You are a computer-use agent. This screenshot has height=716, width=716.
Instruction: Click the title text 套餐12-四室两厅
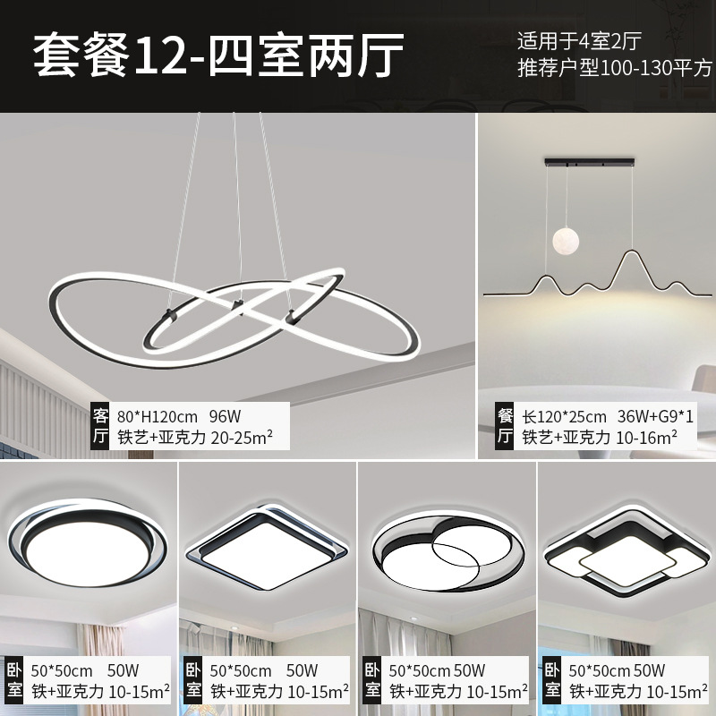[x=218, y=55]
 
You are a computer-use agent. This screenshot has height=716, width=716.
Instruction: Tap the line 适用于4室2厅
[x=592, y=39]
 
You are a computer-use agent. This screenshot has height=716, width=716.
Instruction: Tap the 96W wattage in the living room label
[x=226, y=416]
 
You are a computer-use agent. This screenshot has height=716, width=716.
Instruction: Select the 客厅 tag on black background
[x=101, y=426]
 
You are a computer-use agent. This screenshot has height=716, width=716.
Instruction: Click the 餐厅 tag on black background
[x=505, y=426]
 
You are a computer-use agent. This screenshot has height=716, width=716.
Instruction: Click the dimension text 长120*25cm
[x=564, y=416]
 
